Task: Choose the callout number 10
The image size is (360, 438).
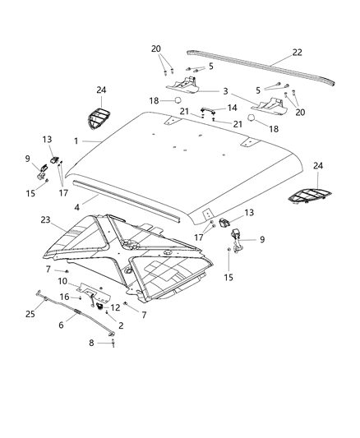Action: [63, 282]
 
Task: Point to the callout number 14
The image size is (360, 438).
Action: [232, 107]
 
